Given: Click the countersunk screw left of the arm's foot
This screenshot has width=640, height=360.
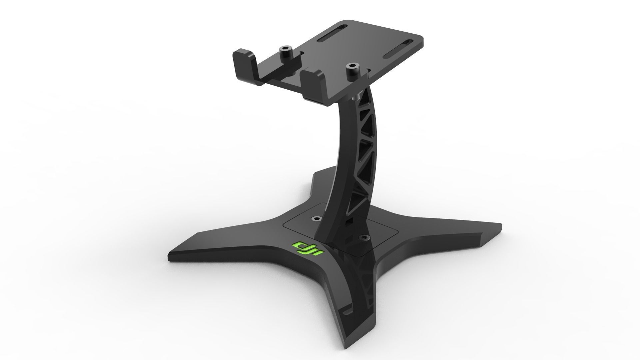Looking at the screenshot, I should click(315, 218).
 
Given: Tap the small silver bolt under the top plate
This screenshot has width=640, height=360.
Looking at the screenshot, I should click(356, 97).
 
